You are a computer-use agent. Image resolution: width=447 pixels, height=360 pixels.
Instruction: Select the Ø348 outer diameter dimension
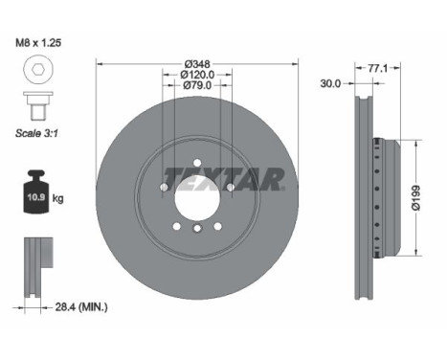click(196, 65)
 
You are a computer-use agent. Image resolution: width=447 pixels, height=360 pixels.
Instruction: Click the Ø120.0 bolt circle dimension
click(197, 75)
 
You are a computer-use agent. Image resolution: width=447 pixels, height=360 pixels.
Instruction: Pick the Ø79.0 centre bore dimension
click(196, 85)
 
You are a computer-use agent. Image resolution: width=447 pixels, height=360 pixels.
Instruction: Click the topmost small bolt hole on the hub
click(197, 164)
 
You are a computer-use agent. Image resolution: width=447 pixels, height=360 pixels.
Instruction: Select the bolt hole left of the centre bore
click(163, 188)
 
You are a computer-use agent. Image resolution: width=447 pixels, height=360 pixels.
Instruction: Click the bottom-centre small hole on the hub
click(197, 229)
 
